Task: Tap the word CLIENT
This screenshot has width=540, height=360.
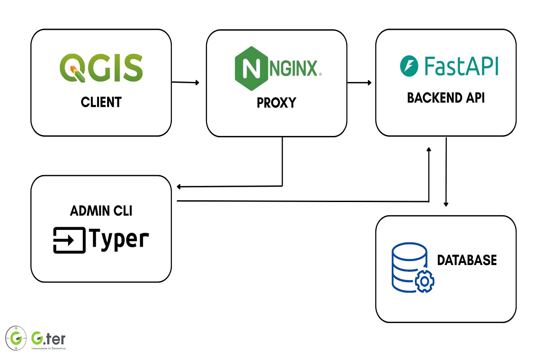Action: pos(101,102)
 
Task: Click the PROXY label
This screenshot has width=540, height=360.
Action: pos(276,103)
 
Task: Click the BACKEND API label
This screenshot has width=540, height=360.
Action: pos(445,98)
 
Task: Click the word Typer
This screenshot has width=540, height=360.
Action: pos(119,239)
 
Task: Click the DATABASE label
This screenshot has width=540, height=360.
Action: pos(467,260)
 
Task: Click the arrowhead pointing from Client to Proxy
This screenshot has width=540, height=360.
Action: pos(196,83)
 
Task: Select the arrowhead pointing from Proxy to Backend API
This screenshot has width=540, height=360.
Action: pos(369,83)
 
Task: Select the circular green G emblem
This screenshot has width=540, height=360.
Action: pos(16,337)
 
